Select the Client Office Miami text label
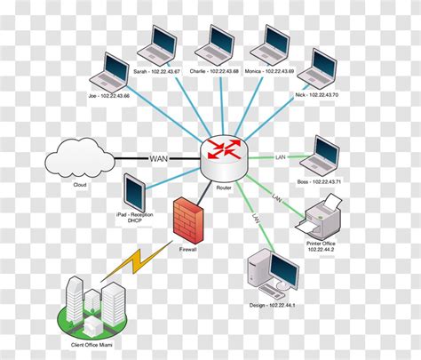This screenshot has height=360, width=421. (x=94, y=341)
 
